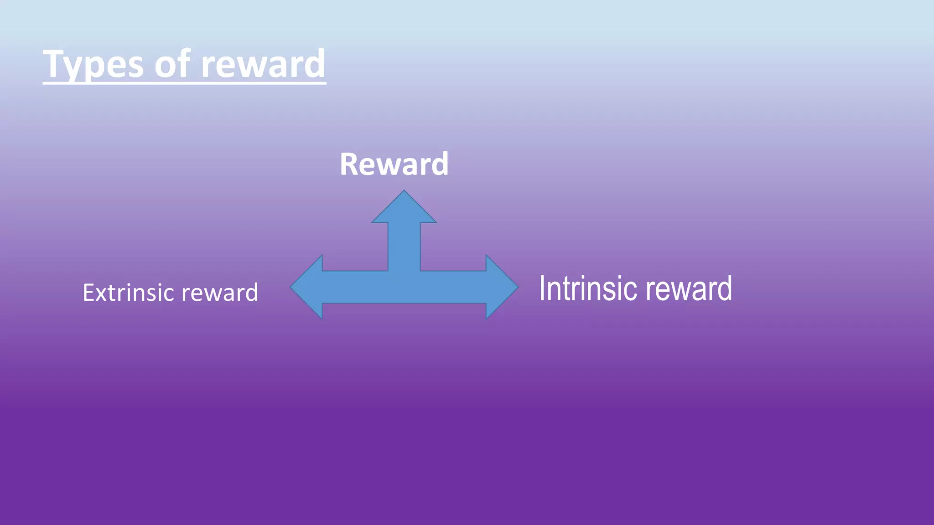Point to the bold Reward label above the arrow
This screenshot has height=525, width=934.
tap(394, 164)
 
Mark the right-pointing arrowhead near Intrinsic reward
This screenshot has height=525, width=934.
tap(501, 287)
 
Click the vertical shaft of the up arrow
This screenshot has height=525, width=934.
tap(404, 246)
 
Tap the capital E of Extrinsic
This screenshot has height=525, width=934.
tap(88, 293)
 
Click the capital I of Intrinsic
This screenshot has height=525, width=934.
tap(543, 288)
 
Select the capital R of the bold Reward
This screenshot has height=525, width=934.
tap(349, 164)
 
